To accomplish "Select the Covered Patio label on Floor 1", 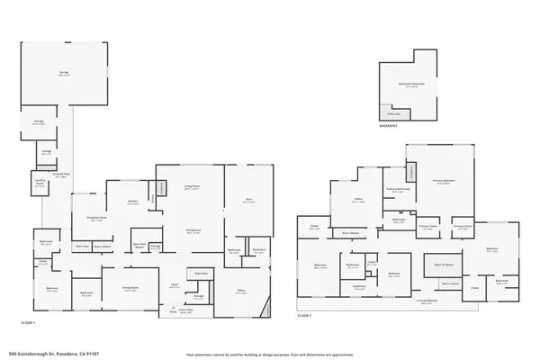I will pos(62,175).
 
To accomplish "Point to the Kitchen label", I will pos(132,202).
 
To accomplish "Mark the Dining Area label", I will pos(192,230).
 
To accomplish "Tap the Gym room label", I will pos(248,202).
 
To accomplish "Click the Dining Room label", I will pos(130,290).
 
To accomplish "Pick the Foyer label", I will pos(175,284).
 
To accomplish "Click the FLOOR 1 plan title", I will pos(29,321).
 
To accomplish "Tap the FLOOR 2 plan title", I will pos(305,316).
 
